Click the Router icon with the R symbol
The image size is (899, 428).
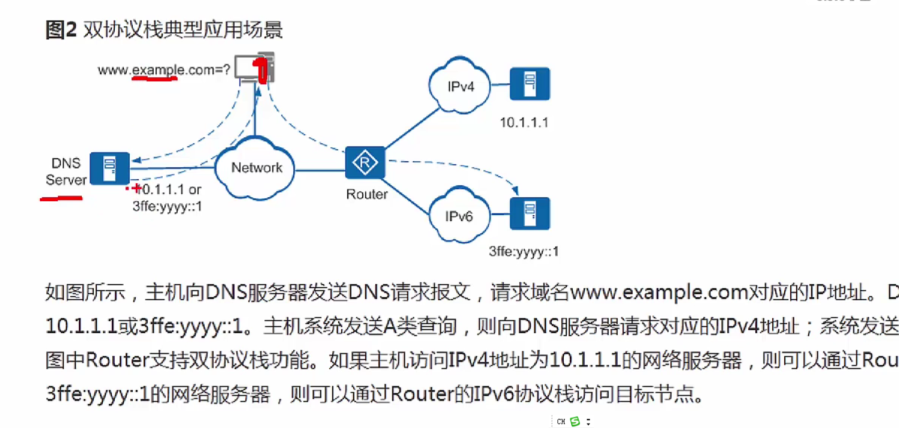point(365,162)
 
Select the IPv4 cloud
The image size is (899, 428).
point(460,86)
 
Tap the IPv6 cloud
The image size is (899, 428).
point(459,216)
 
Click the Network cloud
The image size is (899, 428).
point(256,168)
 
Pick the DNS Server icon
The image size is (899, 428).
point(110,169)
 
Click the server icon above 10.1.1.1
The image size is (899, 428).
point(530,84)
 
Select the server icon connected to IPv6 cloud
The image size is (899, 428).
point(530,214)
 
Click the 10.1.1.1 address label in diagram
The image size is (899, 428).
point(524,122)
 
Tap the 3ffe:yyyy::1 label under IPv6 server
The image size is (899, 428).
point(523,251)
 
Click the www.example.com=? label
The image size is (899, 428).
point(164,69)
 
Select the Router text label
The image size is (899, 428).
point(367,194)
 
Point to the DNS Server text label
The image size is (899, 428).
point(66,171)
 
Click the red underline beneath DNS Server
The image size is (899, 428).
point(61,198)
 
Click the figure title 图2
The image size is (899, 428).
point(60,29)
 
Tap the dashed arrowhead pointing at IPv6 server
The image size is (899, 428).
point(515,190)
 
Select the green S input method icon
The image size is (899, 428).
point(575,422)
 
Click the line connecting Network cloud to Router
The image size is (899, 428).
point(320,170)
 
